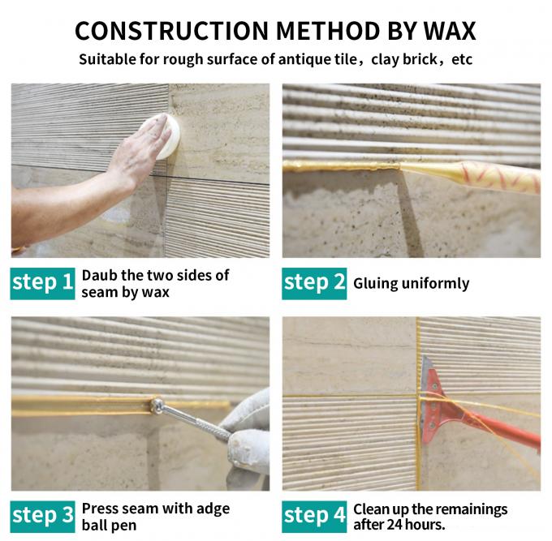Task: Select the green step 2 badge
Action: (x=314, y=283)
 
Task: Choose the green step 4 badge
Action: (x=314, y=516)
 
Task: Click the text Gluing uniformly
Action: (x=411, y=284)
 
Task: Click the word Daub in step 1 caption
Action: (x=98, y=276)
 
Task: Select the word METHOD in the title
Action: (x=325, y=30)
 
